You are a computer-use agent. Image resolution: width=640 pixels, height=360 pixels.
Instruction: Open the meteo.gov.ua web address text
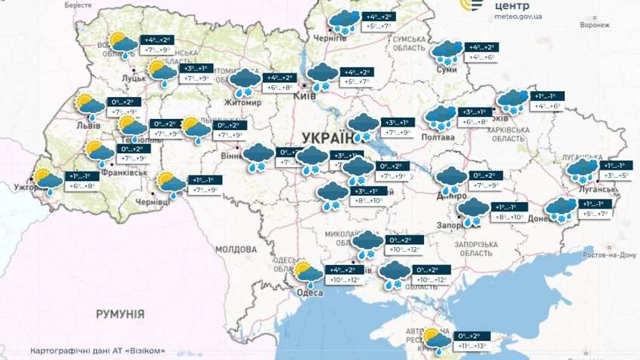(518, 23)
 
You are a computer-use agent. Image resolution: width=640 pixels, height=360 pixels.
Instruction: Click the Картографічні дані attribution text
(98, 350)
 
